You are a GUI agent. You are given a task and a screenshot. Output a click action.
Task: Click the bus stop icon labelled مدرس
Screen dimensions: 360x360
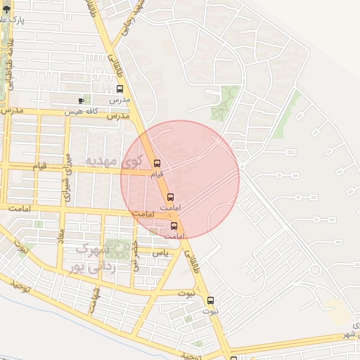(x=120, y=89)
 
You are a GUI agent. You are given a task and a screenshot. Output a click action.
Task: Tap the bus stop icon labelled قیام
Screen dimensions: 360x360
(x=156, y=164)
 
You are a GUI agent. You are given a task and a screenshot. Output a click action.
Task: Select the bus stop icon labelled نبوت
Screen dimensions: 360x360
(x=210, y=301)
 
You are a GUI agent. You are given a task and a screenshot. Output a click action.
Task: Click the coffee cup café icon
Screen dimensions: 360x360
(x=82, y=101)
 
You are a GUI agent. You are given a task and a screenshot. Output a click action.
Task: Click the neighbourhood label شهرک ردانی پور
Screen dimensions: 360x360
(x=89, y=257)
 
